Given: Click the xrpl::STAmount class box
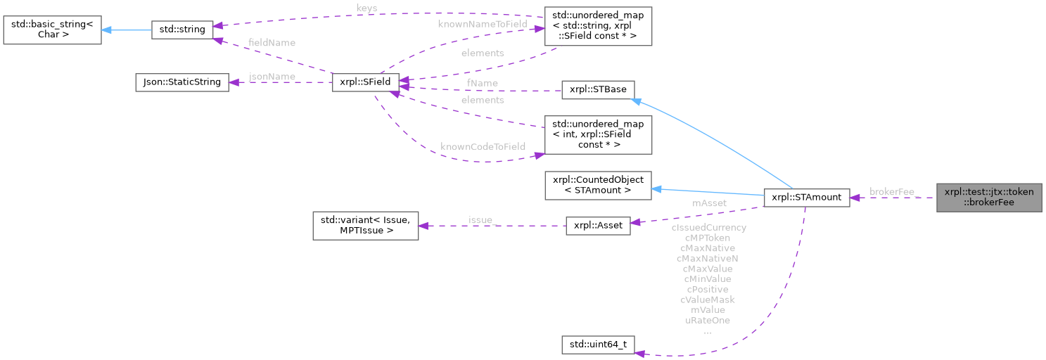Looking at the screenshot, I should point(806,198).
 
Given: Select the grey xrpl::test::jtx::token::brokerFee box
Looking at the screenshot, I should point(988,197).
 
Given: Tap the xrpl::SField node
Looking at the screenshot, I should point(365,82).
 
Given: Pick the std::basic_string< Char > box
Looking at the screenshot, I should point(51,29).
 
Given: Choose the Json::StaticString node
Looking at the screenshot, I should point(181,82).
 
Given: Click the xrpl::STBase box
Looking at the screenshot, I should point(598,90).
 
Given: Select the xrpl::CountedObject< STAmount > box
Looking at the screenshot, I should point(599,184).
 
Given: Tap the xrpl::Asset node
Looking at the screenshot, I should point(598,229).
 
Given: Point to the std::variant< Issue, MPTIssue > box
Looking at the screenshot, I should point(365,225).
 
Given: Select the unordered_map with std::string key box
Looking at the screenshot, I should point(599,26).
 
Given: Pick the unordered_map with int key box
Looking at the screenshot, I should point(599,134).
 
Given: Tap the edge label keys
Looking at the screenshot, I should point(367,8).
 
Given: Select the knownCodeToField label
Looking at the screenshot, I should point(483,147).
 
